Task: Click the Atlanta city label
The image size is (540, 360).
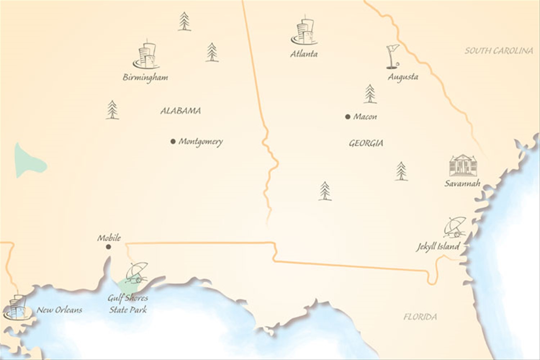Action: coord(304,54)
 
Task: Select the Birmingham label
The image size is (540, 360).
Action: coord(145,77)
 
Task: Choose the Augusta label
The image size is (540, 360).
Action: coord(403,77)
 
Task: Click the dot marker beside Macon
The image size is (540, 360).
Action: coord(348,117)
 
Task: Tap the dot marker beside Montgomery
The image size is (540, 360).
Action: coord(173,141)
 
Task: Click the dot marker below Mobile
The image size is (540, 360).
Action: coord(108,247)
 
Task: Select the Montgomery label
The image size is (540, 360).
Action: coord(201,141)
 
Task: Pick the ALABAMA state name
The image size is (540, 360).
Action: coord(180,111)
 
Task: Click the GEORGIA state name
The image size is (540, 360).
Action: coord(366,143)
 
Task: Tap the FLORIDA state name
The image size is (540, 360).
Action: coord(420,317)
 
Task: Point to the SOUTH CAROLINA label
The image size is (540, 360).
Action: coord(499,51)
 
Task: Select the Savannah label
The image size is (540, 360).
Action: coord(462,184)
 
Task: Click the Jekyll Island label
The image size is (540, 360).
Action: coord(438,247)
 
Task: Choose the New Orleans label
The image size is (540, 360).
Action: coord(59,310)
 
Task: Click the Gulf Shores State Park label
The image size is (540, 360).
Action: coord(128,304)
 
